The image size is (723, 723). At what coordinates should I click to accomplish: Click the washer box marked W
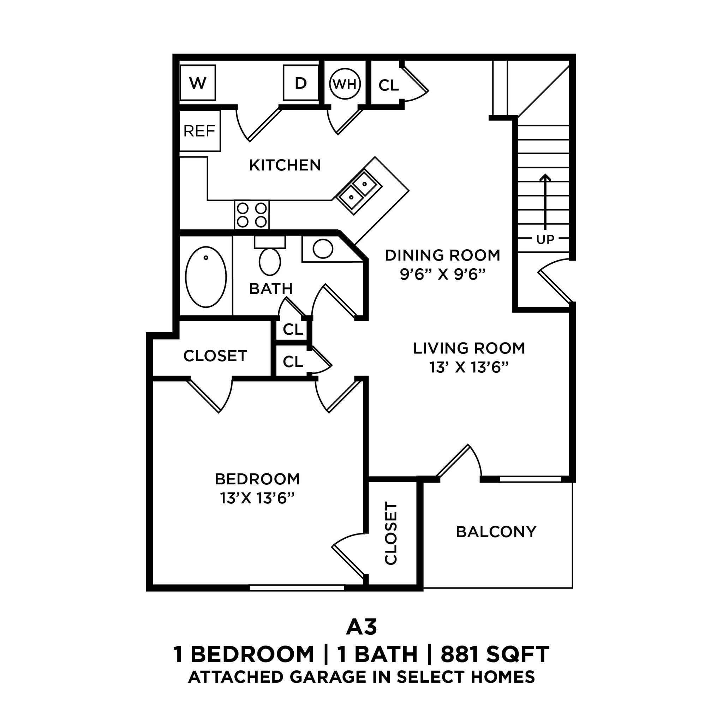pos(198,83)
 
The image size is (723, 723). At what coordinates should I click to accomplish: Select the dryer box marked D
pos(300,83)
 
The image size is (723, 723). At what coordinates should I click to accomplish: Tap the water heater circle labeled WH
pos(345,84)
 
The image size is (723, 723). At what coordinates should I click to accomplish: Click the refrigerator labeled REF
pos(199,131)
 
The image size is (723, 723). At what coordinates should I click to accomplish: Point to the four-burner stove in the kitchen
pos(252,215)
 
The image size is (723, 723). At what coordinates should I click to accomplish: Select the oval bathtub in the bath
pos(206,276)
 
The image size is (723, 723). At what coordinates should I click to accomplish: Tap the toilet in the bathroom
pos(270,261)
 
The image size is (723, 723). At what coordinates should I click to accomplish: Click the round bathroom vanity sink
pos(323,249)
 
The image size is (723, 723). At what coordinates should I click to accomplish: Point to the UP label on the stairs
pos(545,239)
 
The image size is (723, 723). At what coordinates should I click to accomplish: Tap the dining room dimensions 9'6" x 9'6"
pos(443,275)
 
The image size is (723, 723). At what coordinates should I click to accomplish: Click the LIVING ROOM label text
pos(469,348)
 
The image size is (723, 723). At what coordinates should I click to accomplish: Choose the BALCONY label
pos(496,531)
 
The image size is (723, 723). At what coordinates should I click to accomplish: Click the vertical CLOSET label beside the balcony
pos(391,533)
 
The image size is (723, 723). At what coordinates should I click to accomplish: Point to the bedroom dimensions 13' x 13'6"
pos(257,498)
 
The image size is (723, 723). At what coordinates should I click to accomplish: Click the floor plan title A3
pos(361,628)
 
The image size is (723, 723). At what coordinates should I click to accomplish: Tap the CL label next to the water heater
pos(388,86)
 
